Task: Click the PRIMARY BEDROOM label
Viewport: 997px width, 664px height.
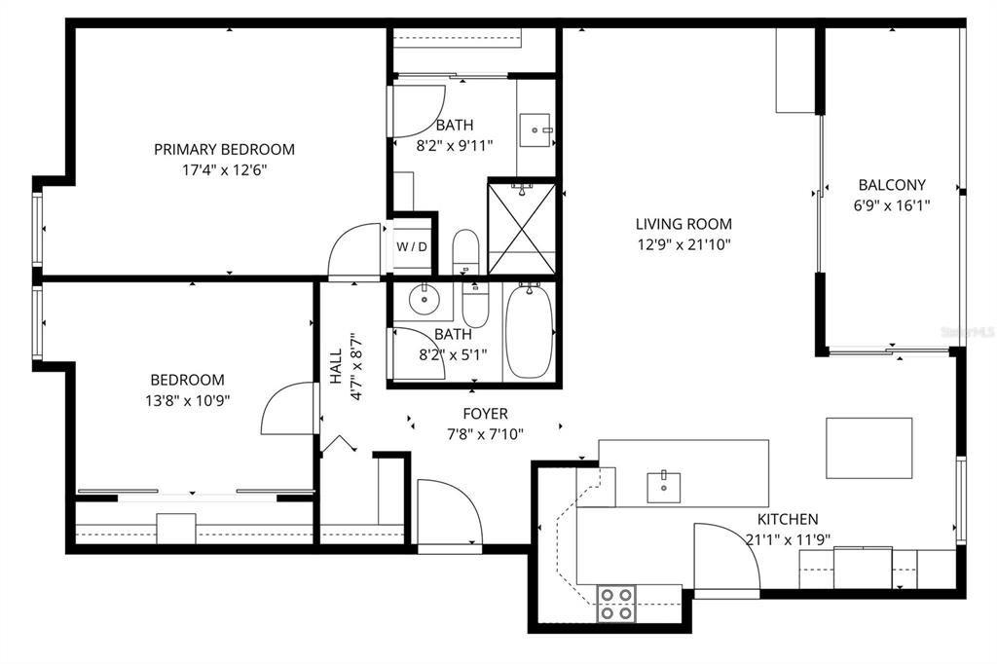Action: click(224, 149)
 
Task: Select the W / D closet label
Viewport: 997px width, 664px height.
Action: click(411, 247)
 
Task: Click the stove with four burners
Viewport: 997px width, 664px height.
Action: click(615, 603)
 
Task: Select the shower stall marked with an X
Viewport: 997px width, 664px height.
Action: click(521, 227)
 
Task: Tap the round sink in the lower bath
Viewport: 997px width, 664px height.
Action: click(424, 299)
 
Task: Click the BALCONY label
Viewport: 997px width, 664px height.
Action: click(891, 185)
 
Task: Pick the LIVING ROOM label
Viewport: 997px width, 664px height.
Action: click(683, 224)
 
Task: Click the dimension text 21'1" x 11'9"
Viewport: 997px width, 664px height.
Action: click(787, 539)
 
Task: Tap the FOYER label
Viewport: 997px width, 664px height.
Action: click(485, 414)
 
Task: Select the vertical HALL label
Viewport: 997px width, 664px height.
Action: click(336, 368)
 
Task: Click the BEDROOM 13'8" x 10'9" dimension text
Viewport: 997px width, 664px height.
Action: click(187, 400)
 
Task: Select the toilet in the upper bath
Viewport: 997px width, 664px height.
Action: click(465, 251)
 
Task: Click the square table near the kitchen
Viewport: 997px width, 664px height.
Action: click(868, 448)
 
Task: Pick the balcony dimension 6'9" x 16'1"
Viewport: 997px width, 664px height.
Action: click(891, 205)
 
